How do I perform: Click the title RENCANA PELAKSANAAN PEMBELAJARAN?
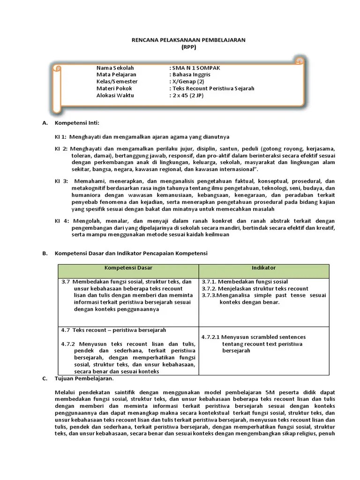188,40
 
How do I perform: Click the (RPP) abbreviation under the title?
188,47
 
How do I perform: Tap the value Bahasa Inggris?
192,75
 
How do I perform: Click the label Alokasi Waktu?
115,95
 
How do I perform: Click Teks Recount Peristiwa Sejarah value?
213,88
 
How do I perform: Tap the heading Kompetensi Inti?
77,123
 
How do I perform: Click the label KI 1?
61,137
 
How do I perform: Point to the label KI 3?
61,181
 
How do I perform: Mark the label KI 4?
61,221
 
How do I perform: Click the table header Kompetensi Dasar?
128,268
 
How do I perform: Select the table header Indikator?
263,268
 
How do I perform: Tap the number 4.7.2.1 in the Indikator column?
210,337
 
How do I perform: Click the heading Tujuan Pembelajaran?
84,378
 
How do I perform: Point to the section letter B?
45,253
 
